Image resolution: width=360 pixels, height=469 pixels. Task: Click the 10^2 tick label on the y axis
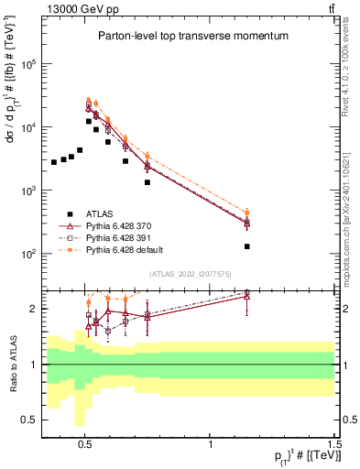point(30,254)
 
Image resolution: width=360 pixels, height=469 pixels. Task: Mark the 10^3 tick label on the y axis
point(30,191)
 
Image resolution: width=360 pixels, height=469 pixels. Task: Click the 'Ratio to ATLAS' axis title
point(12,364)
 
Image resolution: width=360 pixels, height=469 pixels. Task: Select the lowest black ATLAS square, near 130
point(246,246)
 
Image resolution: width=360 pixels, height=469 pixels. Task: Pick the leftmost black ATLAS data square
point(54,162)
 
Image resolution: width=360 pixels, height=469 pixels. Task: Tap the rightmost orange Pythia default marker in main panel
point(246,213)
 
